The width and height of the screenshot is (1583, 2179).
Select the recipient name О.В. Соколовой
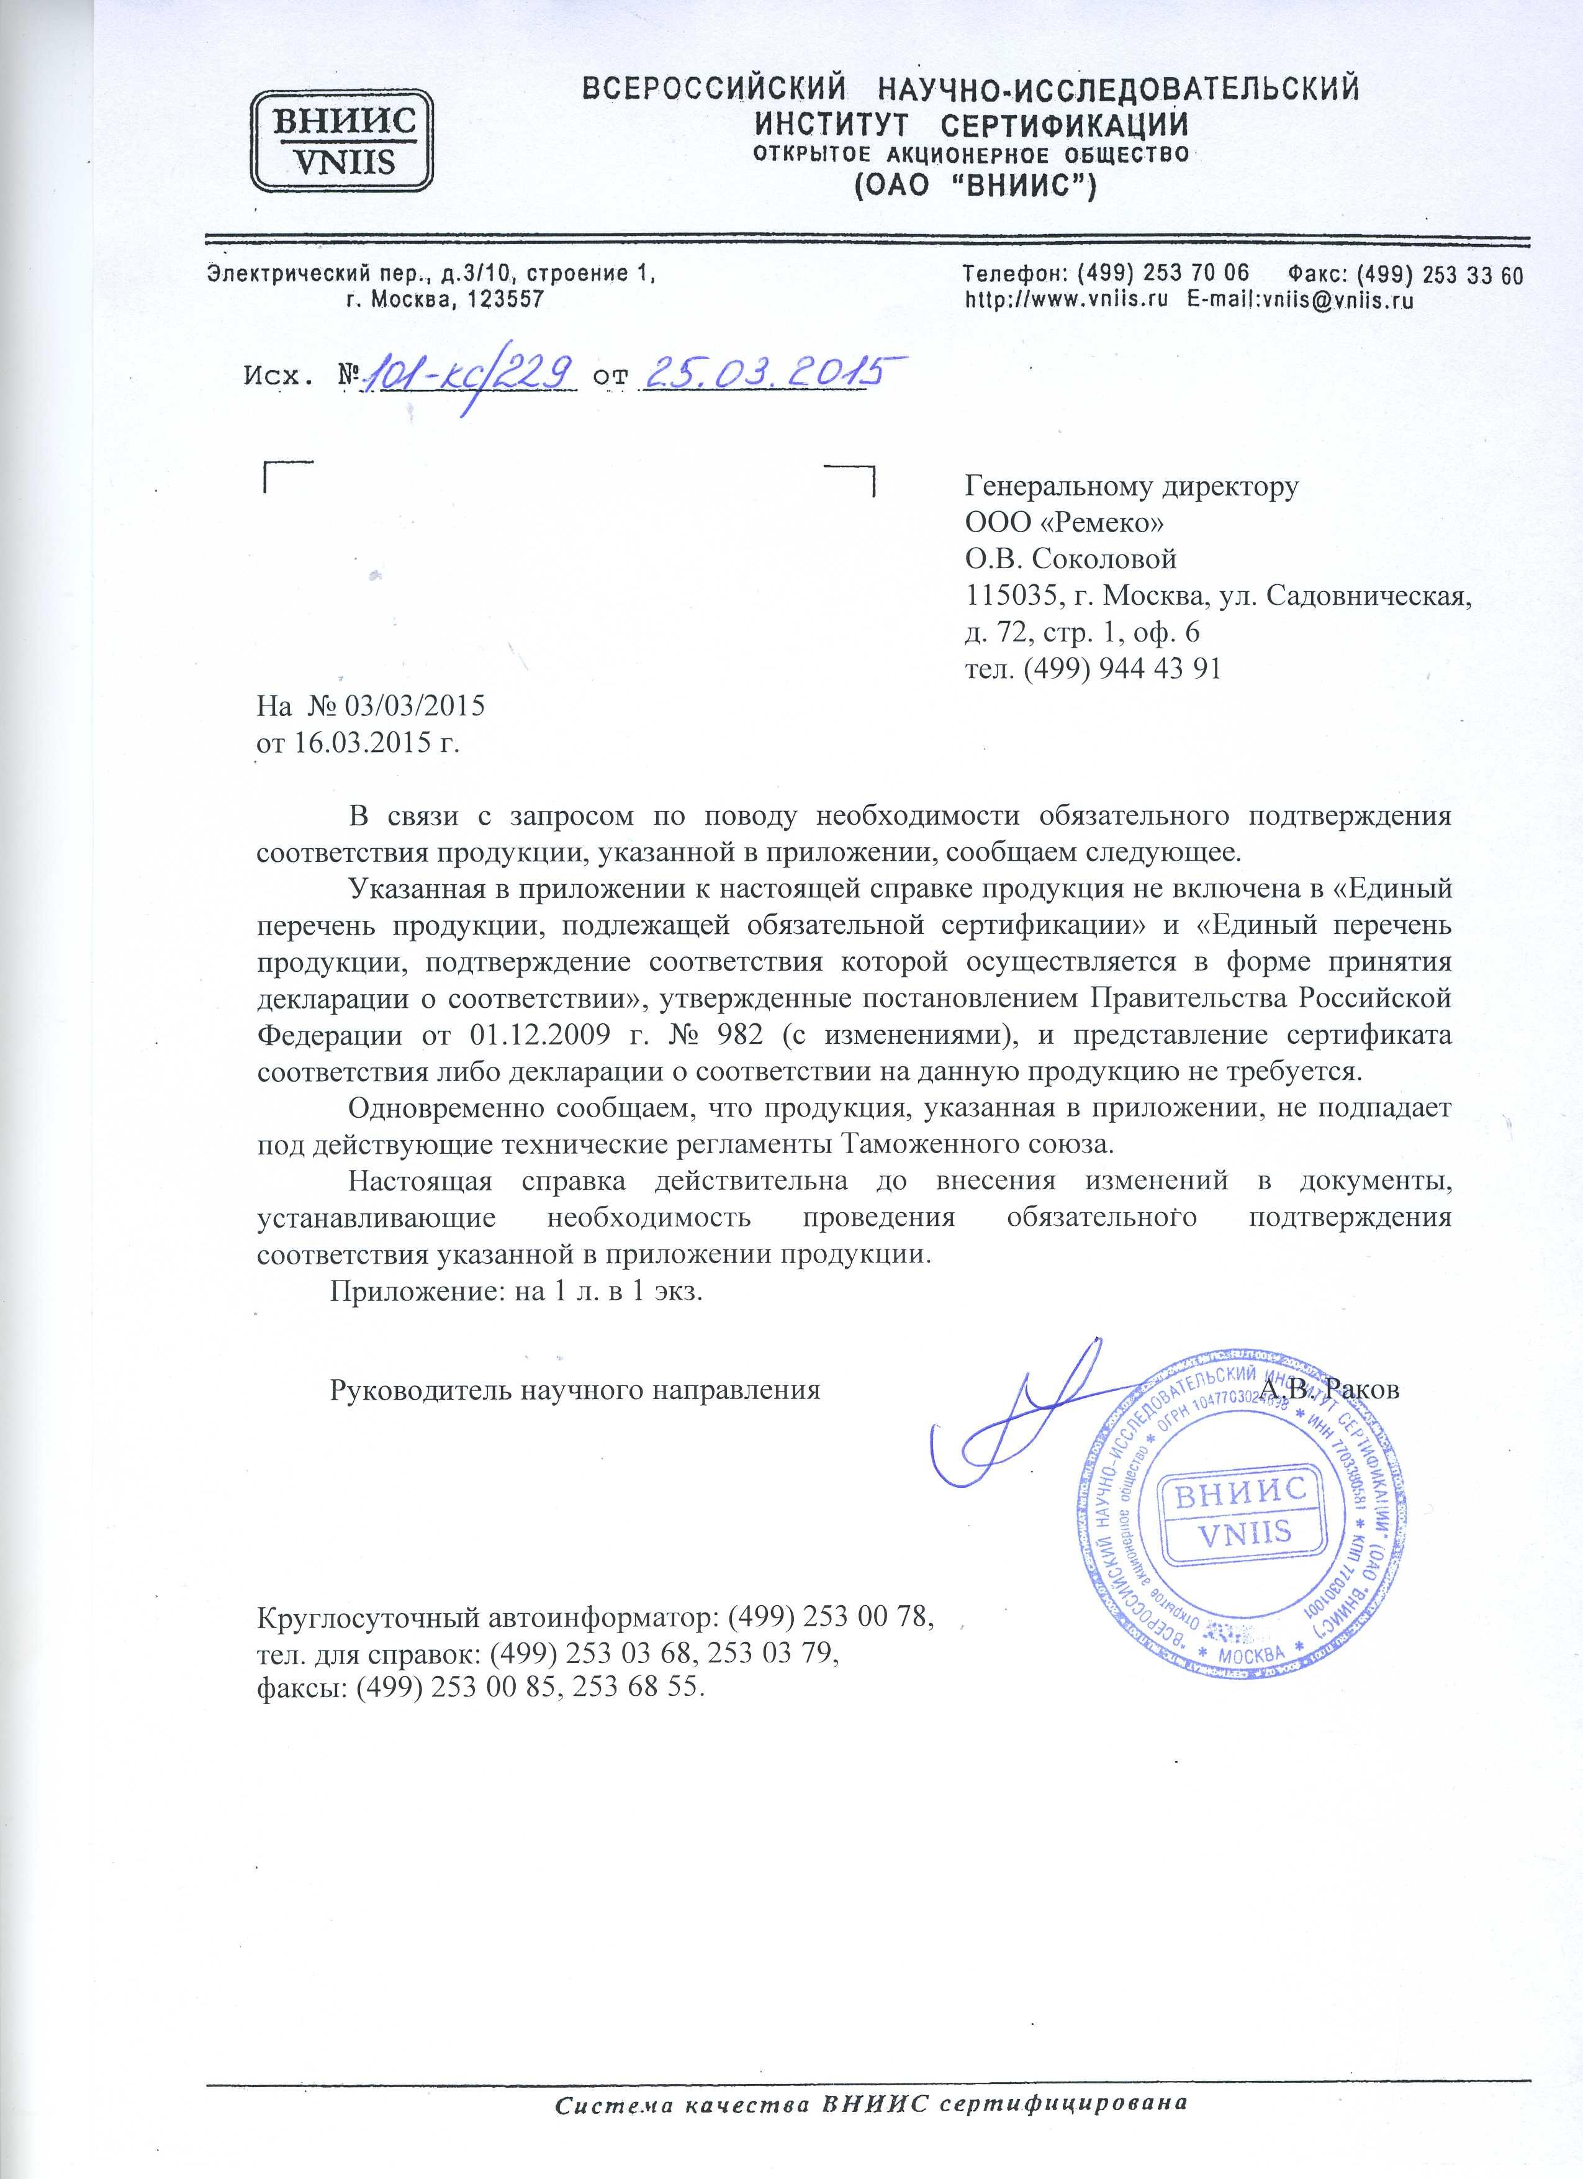[1071, 559]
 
